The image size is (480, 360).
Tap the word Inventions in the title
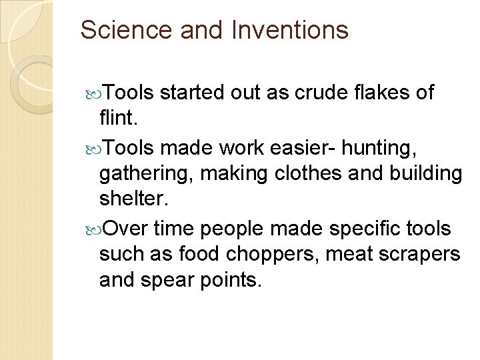click(291, 30)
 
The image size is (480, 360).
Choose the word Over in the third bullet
click(126, 229)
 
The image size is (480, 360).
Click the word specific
click(367, 229)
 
